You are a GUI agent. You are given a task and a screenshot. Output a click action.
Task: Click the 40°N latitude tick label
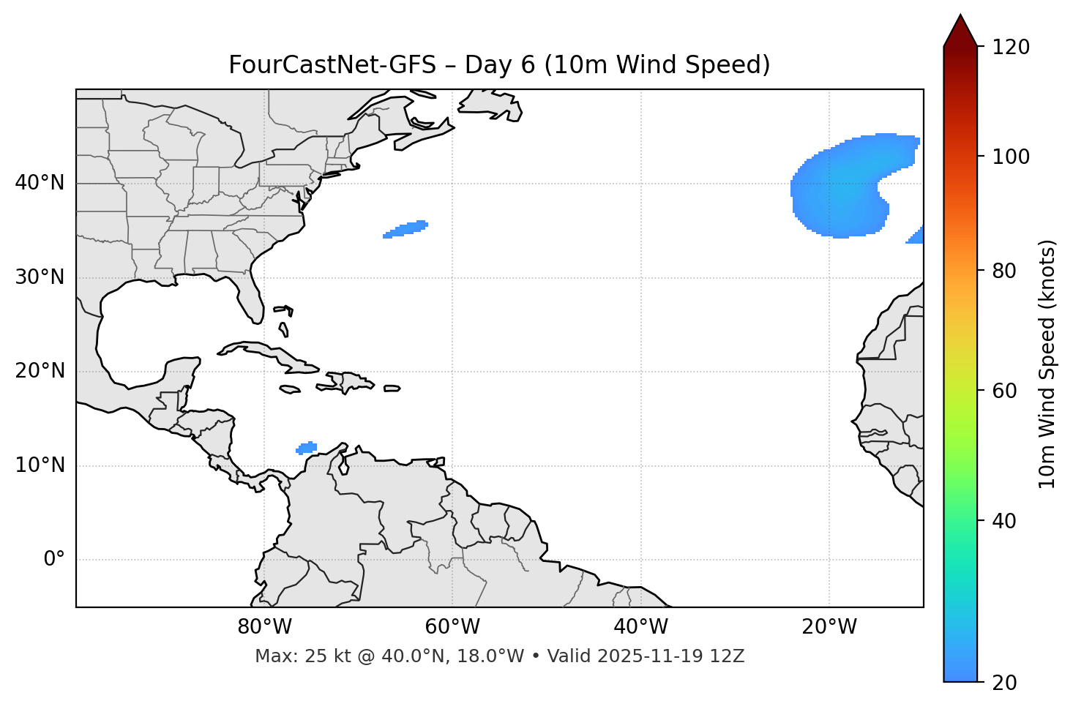pyautogui.click(x=40, y=183)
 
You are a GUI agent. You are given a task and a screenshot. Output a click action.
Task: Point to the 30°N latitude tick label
pyautogui.click(x=40, y=277)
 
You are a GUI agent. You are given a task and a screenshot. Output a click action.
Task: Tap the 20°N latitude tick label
pyautogui.click(x=40, y=371)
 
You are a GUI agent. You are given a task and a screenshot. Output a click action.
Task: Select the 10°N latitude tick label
pyautogui.click(x=40, y=465)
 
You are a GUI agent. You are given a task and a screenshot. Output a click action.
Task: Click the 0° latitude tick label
pyautogui.click(x=54, y=560)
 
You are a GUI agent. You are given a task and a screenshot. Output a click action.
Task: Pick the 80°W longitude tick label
pyautogui.click(x=264, y=627)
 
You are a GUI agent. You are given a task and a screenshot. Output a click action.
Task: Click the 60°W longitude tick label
pyautogui.click(x=452, y=627)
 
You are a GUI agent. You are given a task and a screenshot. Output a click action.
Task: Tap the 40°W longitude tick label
pyautogui.click(x=640, y=627)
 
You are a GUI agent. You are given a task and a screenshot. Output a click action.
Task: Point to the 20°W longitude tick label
pyautogui.click(x=829, y=627)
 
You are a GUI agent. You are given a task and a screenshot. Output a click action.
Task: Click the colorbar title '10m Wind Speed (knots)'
pyautogui.click(x=1047, y=364)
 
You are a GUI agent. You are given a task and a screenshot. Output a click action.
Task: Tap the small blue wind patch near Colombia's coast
pyautogui.click(x=307, y=447)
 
